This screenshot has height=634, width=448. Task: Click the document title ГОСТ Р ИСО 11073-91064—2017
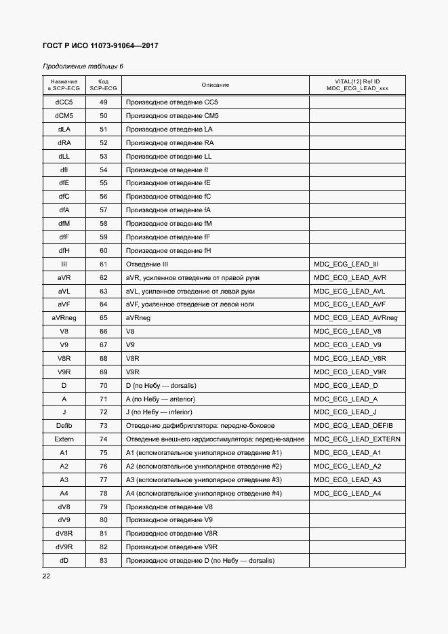tap(100, 46)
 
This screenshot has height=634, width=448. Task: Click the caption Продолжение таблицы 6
tap(83, 66)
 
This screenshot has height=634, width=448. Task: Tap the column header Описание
tap(215, 85)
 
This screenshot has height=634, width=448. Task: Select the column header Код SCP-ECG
tap(104, 85)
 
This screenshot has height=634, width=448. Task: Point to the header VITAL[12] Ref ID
tap(357, 81)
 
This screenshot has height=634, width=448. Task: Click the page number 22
tap(47, 576)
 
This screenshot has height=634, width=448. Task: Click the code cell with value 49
tap(104, 102)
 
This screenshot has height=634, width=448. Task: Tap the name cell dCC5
tap(64, 102)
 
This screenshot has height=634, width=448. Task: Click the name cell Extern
tap(64, 439)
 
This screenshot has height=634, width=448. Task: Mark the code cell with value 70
tap(104, 385)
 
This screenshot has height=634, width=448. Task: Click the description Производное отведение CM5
tap(172, 116)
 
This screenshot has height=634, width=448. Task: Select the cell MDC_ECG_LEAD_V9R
tap(350, 372)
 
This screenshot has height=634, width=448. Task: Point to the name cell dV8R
tap(64, 534)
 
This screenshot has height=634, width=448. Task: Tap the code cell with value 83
tap(104, 561)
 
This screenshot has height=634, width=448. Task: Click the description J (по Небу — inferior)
tap(159, 412)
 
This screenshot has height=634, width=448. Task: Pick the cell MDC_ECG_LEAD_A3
tap(348, 479)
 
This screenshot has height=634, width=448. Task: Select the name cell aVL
tap(64, 291)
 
